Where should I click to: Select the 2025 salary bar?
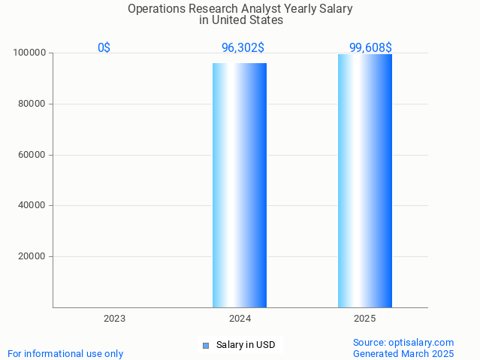coord(365,180)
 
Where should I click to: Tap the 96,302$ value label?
coord(243,48)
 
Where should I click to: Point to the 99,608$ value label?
coord(370,48)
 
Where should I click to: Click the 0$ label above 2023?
coord(104,48)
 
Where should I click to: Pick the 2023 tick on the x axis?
coord(114,319)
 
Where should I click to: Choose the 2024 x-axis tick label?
coord(240,319)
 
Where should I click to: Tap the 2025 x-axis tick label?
coord(365,319)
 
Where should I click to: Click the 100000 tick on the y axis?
coord(30,53)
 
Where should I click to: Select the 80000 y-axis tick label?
coord(32,104)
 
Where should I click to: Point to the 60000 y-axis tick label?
coord(32,155)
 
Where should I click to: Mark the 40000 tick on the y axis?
coord(32,205)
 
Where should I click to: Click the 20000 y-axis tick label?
coord(32,256)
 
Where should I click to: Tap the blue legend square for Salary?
coord(206,346)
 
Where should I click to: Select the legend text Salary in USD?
coord(246,346)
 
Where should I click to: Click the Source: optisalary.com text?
coord(403,343)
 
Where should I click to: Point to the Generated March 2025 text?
coord(403,354)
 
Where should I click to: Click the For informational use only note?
coord(65,354)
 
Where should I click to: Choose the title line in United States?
coord(240,20)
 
